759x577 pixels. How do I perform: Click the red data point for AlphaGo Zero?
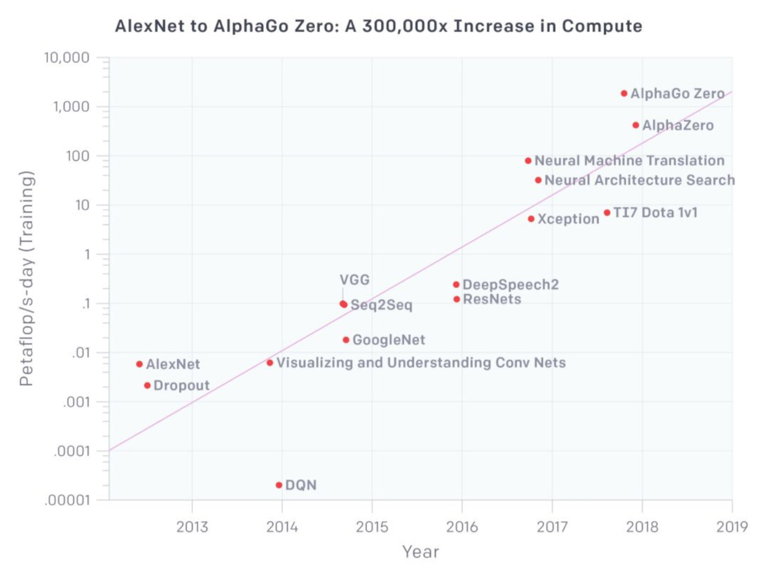click(624, 94)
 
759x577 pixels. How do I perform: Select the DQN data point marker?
click(279, 485)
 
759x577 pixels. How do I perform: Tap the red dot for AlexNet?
click(139, 364)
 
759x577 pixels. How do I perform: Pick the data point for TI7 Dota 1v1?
click(607, 213)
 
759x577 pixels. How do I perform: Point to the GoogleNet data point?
click(346, 340)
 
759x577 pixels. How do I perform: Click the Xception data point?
click(531, 219)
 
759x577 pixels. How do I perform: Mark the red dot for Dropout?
click(147, 386)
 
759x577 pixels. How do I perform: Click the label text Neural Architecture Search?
click(639, 180)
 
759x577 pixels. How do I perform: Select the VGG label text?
click(355, 280)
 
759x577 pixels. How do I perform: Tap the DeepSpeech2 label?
click(510, 285)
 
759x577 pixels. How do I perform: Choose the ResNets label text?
click(492, 299)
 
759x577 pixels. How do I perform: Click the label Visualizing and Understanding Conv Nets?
click(420, 363)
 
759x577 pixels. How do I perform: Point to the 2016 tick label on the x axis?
click(462, 527)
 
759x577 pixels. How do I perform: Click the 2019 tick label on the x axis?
click(732, 527)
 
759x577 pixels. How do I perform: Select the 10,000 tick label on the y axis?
click(66, 58)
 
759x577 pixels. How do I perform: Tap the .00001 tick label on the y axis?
click(67, 501)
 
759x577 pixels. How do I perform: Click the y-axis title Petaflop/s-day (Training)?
click(26, 278)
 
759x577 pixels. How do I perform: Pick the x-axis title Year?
click(420, 552)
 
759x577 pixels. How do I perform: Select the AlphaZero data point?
click(636, 125)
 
